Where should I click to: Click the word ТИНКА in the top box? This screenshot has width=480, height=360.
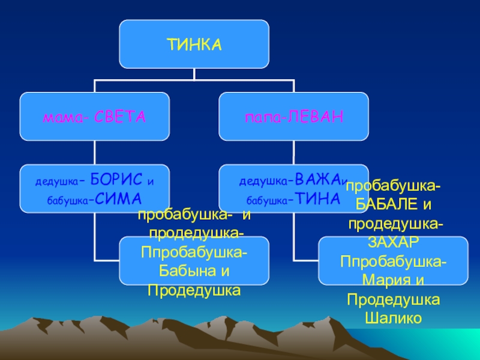(194, 44)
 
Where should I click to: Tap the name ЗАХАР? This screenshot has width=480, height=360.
(393, 241)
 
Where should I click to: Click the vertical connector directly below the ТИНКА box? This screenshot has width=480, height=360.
(194, 73)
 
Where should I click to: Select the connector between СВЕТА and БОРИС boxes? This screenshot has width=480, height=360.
(95, 152)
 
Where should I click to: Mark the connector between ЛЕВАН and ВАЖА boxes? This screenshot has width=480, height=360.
(293, 152)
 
